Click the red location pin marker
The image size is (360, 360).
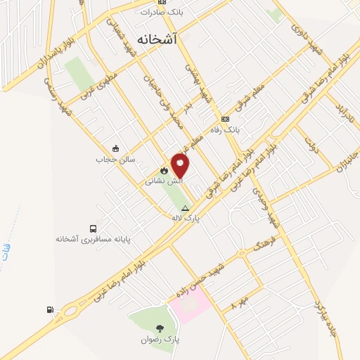(x=181, y=166)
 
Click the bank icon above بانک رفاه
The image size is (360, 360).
(x=225, y=119)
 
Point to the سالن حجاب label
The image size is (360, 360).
(x=115, y=159)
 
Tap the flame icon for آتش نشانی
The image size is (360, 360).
(x=164, y=170)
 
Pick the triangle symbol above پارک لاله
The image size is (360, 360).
(x=186, y=208)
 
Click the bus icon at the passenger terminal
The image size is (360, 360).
(x=94, y=229)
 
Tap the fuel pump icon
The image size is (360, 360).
(x=49, y=309)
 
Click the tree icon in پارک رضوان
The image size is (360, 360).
(x=160, y=328)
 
